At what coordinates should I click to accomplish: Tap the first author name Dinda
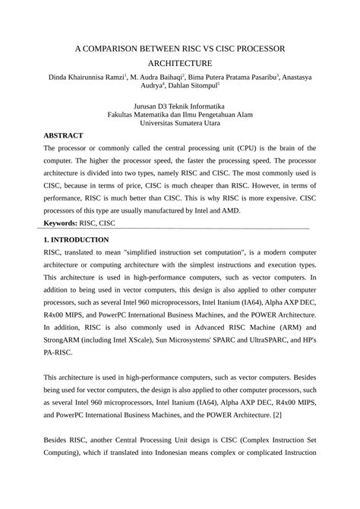tap(61, 77)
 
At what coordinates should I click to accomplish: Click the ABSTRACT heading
tap(63, 135)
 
